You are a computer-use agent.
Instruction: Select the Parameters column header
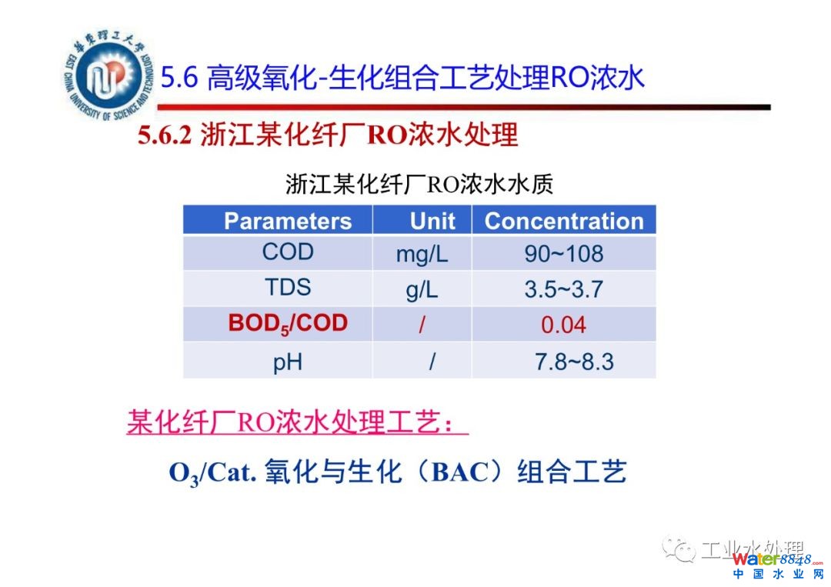tap(288, 221)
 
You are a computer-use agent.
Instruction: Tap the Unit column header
tap(432, 221)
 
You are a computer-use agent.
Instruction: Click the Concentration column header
tap(564, 221)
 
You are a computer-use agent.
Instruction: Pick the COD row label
tap(288, 252)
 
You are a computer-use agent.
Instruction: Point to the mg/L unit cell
tap(422, 255)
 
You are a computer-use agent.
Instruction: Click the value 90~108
tap(564, 254)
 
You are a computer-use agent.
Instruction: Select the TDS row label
tap(288, 287)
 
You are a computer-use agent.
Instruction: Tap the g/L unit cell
tap(422, 290)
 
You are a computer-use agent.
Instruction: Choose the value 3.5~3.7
tap(564, 289)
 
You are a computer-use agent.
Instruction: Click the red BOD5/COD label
tap(288, 324)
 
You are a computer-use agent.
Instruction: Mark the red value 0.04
tap(563, 325)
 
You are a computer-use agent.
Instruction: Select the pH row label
tap(288, 363)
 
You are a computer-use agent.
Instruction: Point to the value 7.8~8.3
tap(574, 362)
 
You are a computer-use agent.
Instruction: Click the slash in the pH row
tap(432, 362)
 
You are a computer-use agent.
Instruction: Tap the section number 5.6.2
tap(165, 135)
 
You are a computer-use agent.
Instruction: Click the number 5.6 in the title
tap(179, 78)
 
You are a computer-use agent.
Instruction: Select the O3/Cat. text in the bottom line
tap(212, 473)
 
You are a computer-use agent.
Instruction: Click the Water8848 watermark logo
tap(778, 565)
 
